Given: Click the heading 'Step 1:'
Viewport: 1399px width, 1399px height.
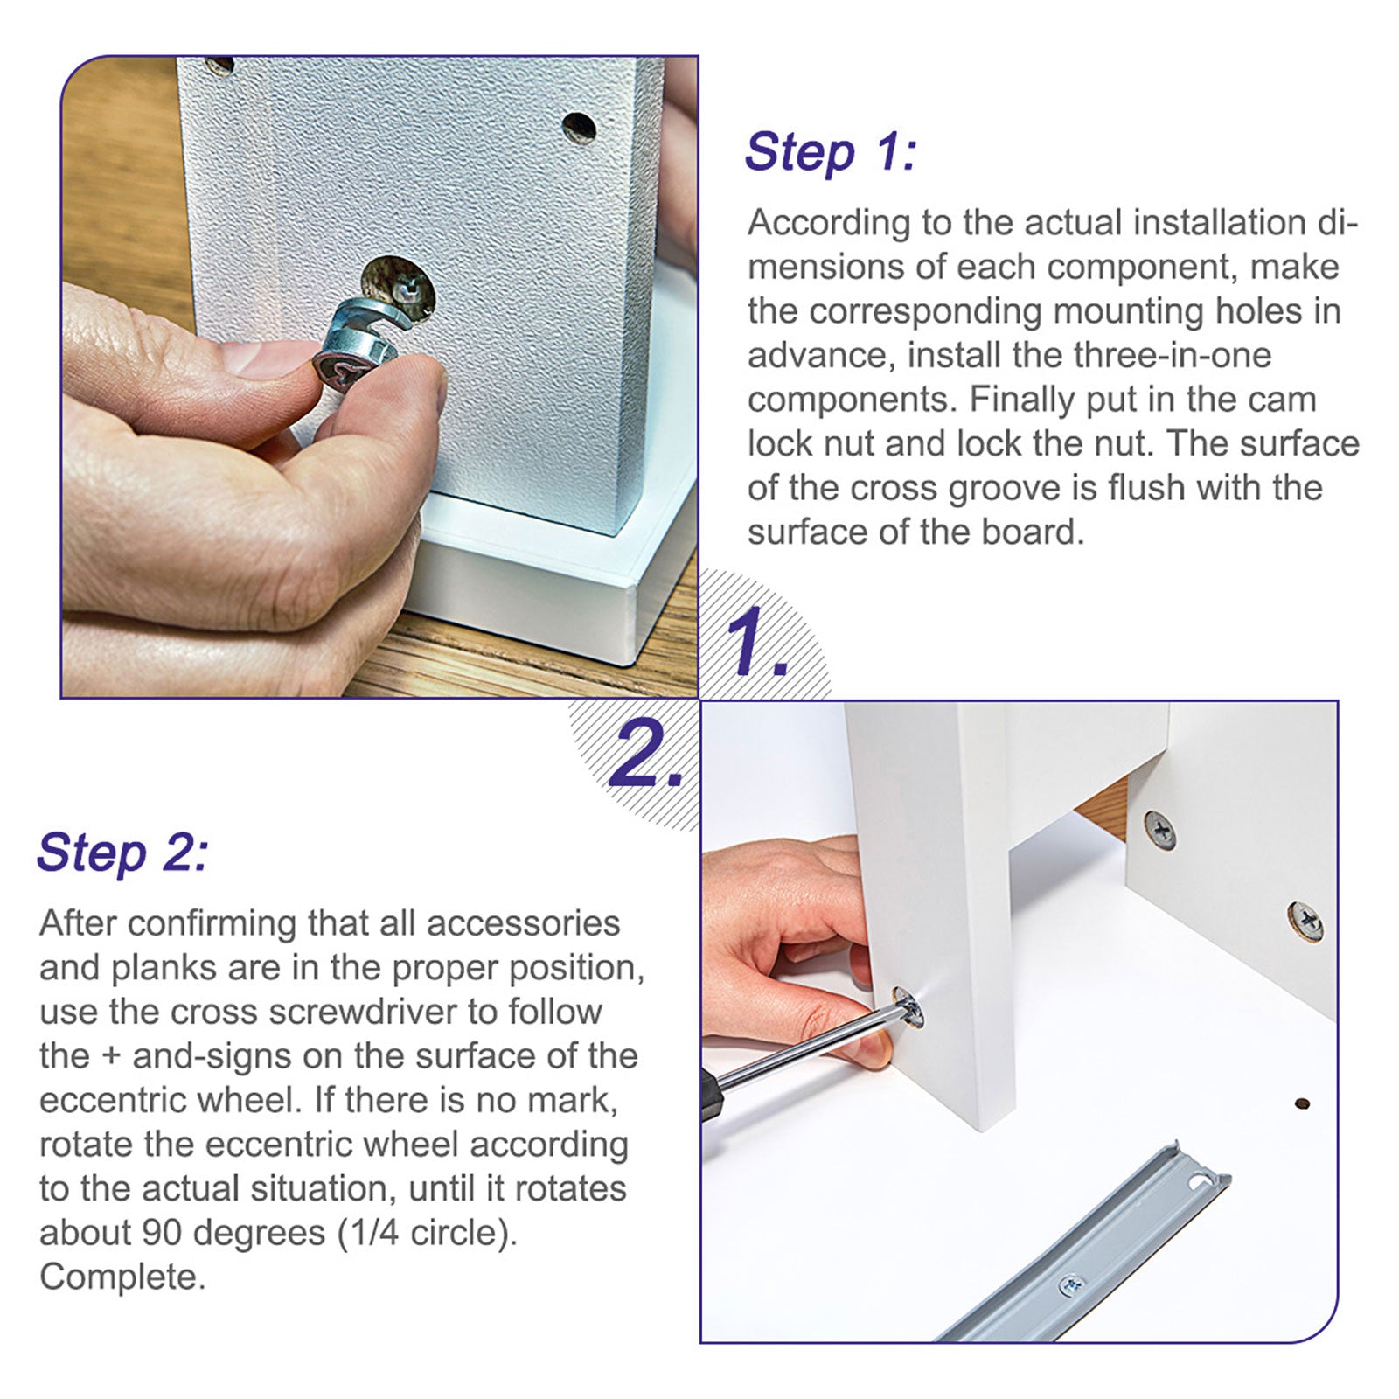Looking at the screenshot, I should (830, 152).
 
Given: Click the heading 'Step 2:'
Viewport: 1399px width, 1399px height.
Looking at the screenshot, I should (123, 853).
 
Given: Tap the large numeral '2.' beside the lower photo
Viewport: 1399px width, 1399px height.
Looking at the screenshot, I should (645, 755).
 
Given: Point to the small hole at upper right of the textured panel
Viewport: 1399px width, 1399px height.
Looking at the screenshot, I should (579, 128).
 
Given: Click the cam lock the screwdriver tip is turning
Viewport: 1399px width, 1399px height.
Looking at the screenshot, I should (909, 1010).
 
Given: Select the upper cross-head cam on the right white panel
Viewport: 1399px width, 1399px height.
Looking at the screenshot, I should (1159, 829).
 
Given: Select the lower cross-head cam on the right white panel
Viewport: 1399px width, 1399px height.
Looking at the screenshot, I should (1305, 921).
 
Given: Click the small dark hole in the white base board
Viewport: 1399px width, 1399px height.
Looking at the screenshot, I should (1302, 1103).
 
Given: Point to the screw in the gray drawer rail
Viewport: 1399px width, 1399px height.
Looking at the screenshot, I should (1070, 1285).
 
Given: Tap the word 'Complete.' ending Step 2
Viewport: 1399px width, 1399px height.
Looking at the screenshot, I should (122, 1277).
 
